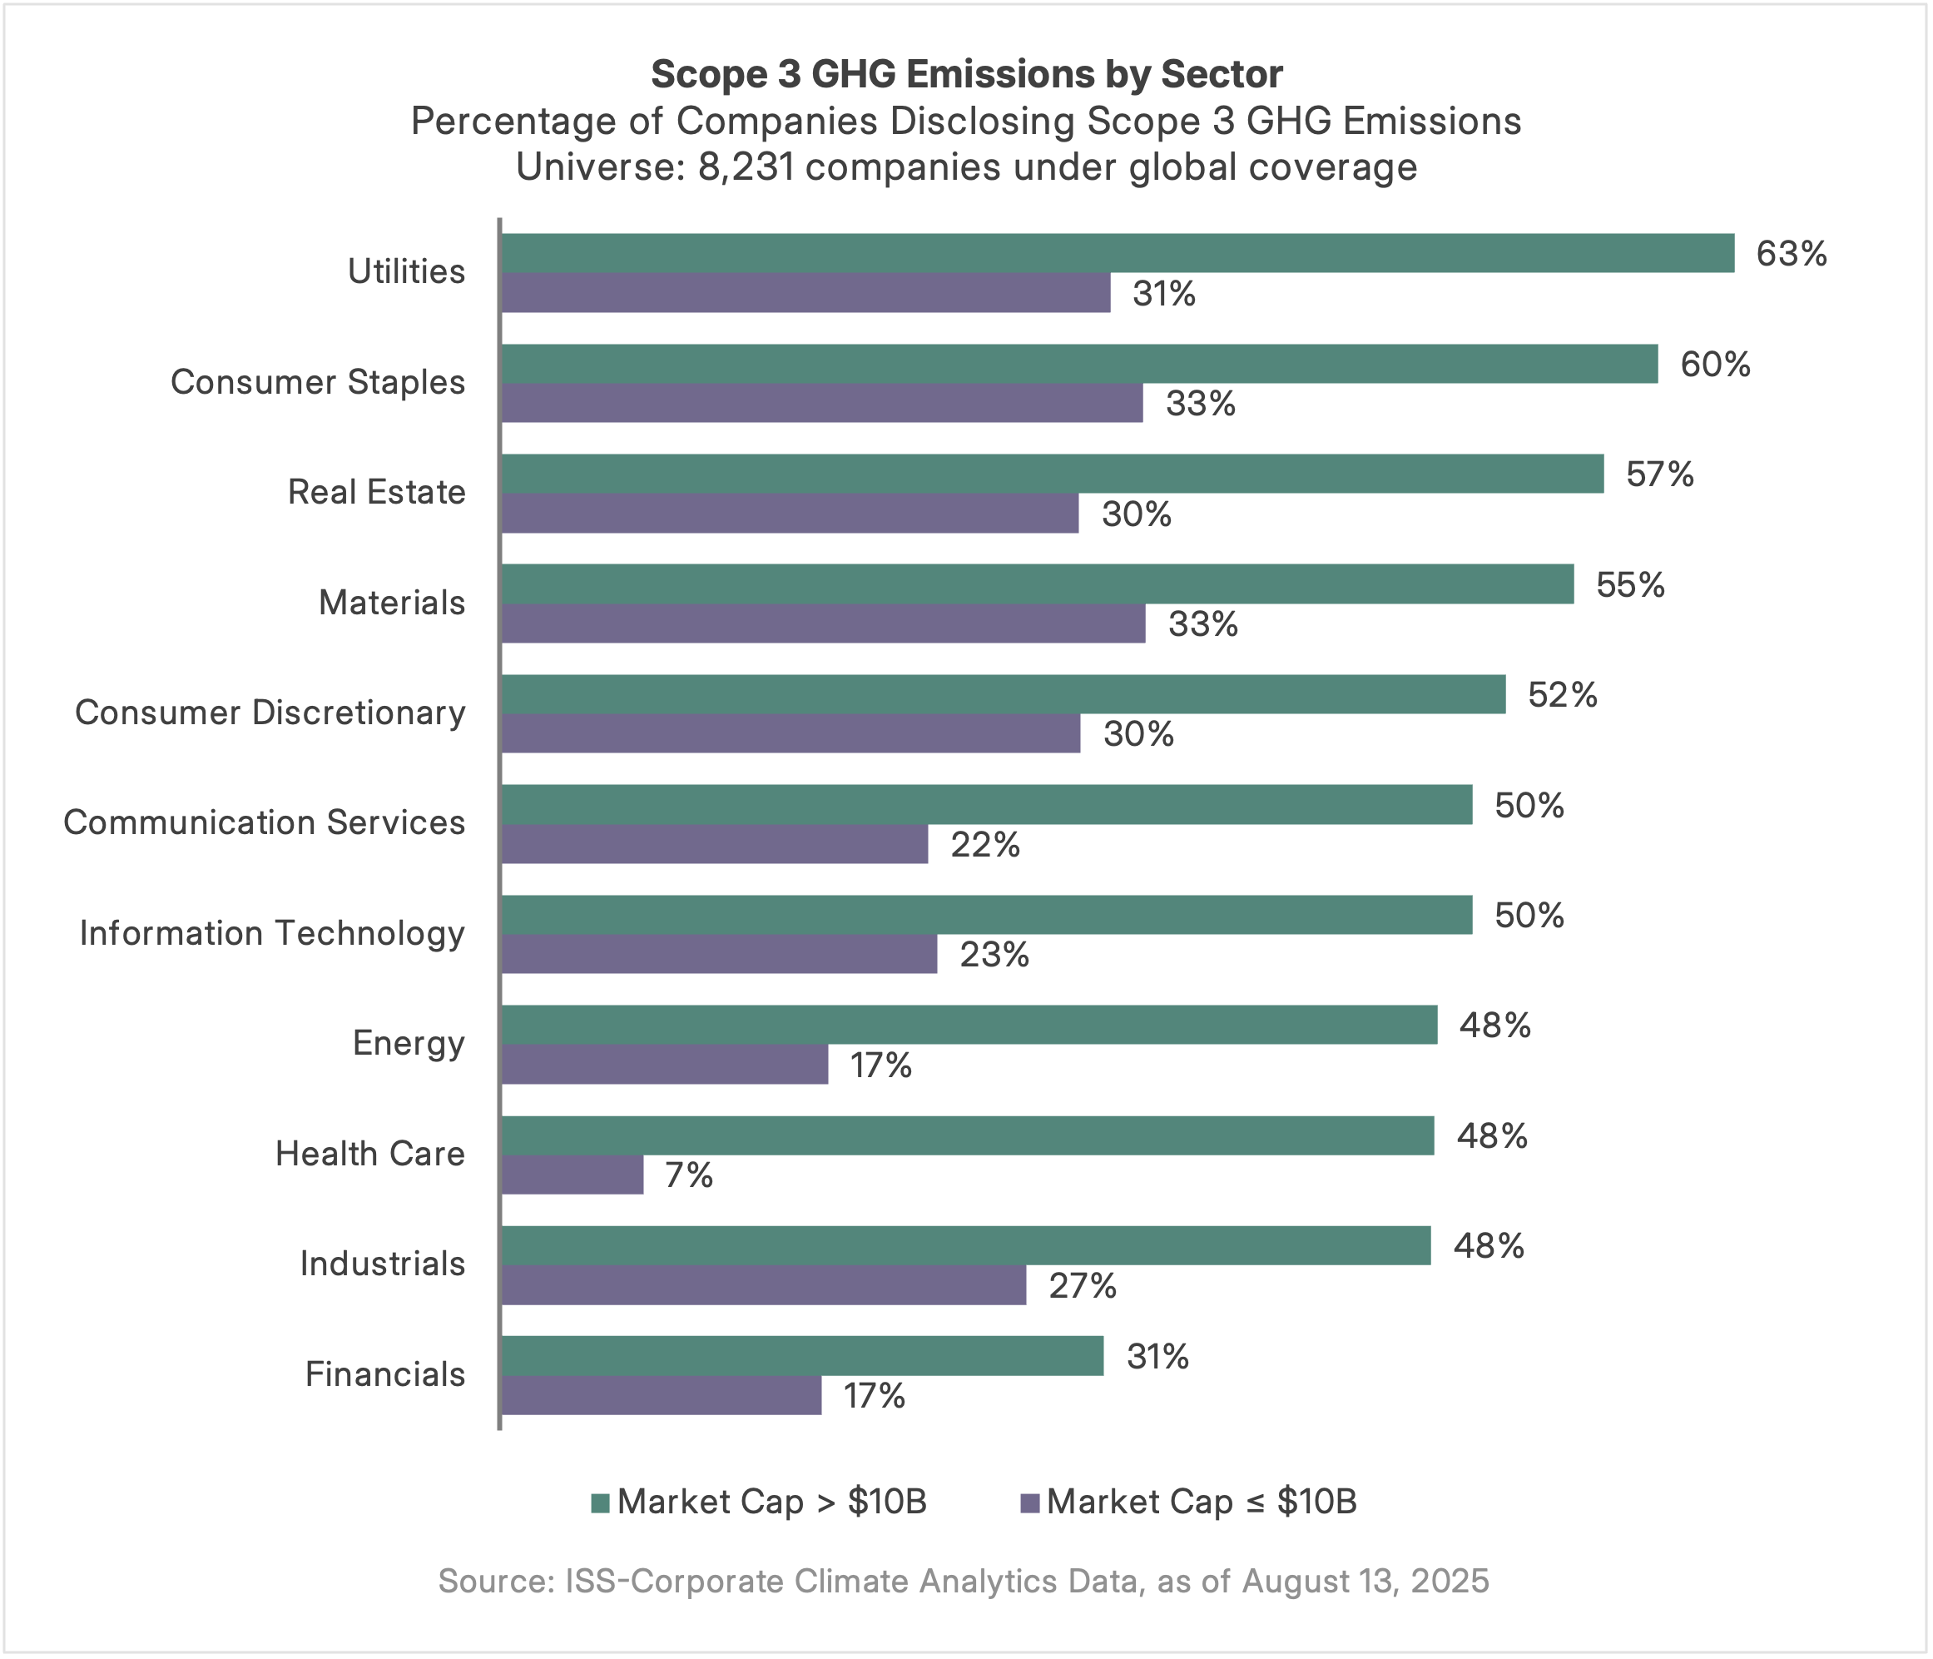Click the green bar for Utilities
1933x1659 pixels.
tap(1117, 253)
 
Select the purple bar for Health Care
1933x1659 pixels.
tap(572, 1175)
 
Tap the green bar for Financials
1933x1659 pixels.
tap(802, 1356)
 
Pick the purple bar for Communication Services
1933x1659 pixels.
tap(715, 844)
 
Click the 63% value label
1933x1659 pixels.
tap(1792, 254)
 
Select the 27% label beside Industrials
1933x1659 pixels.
tap(1083, 1286)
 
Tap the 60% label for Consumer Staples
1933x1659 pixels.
tap(1715, 364)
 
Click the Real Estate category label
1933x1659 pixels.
tap(376, 492)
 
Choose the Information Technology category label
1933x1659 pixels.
tap(271, 933)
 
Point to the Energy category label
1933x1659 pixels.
tap(408, 1043)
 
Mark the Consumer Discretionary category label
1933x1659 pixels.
tap(270, 712)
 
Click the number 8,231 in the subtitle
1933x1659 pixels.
tap(745, 168)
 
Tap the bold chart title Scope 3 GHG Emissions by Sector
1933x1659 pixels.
tap(967, 74)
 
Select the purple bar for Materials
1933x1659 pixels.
tap(823, 623)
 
